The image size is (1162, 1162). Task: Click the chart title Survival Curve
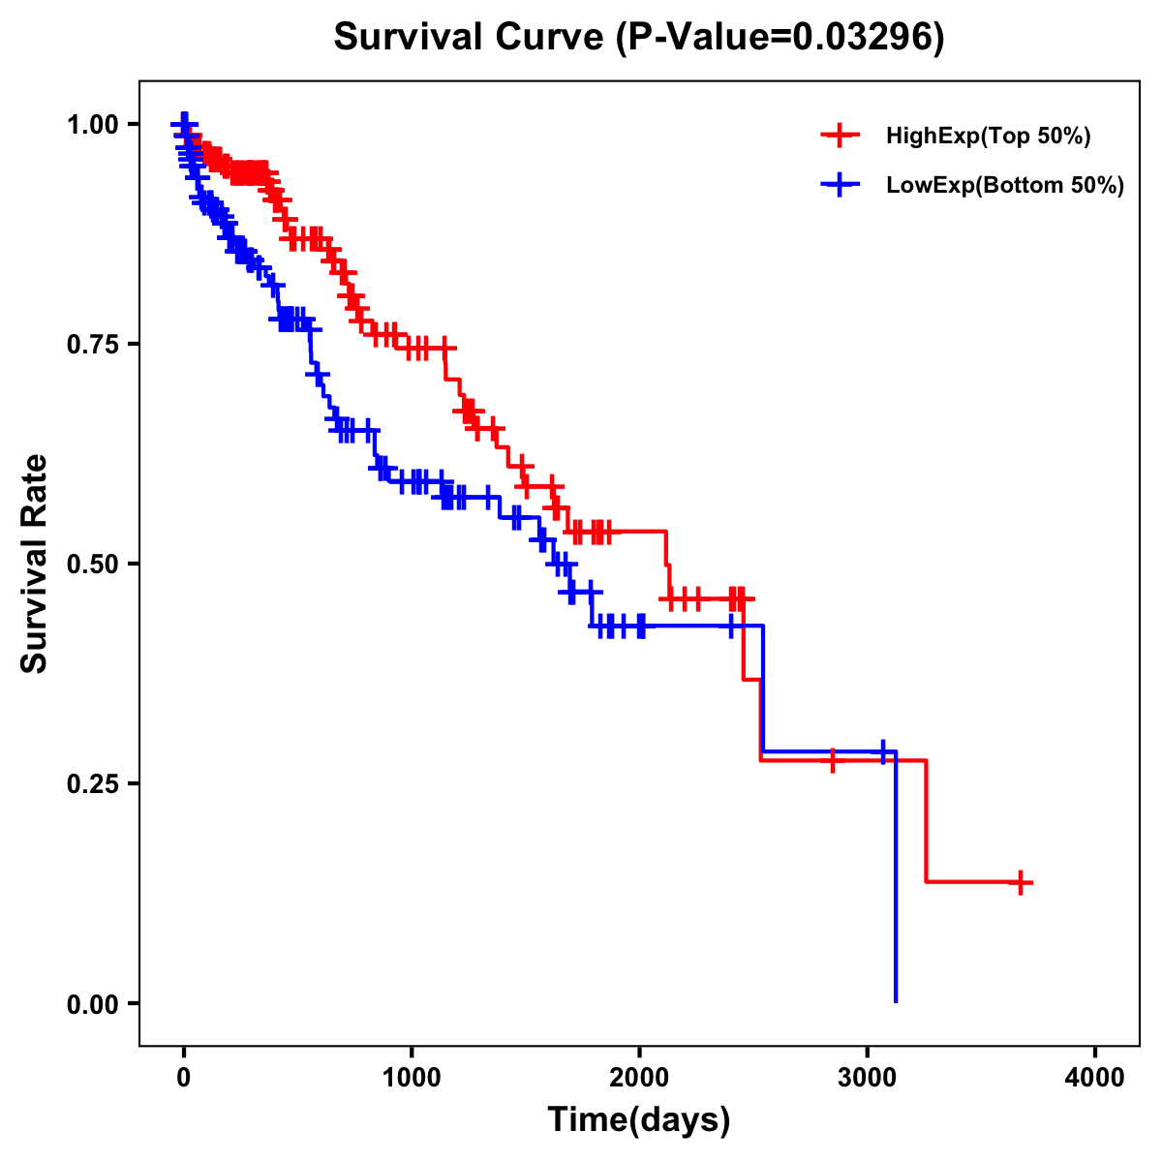(x=472, y=38)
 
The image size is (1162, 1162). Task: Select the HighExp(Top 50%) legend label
(x=988, y=136)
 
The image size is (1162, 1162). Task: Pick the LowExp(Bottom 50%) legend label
(x=1005, y=185)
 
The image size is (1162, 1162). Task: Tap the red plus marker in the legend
(x=840, y=136)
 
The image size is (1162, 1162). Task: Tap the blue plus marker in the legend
(x=840, y=185)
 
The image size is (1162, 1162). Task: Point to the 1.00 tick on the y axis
(x=92, y=124)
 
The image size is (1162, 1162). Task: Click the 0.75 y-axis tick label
(x=92, y=344)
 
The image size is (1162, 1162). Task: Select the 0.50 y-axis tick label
(x=92, y=564)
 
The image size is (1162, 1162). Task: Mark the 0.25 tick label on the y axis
(x=92, y=783)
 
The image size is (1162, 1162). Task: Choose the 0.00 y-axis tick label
(x=92, y=1003)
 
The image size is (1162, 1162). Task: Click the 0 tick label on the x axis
(x=183, y=1078)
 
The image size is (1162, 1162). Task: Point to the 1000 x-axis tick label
(x=412, y=1078)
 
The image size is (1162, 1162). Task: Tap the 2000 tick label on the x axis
(x=639, y=1078)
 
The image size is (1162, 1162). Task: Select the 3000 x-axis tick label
(x=868, y=1078)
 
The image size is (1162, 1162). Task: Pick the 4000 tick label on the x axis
(x=1095, y=1078)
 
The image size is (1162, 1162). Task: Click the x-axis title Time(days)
(x=639, y=1120)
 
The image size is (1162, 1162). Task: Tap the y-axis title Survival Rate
(x=35, y=564)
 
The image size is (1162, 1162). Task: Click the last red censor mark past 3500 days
(x=1021, y=882)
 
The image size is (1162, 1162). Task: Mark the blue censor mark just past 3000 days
(x=882, y=751)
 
